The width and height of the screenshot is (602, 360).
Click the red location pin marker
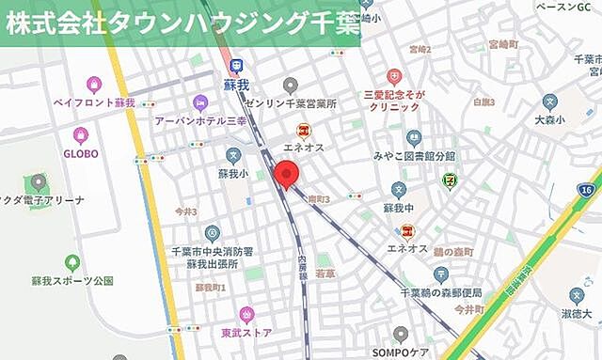click(x=285, y=175)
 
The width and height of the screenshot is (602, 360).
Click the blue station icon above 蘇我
click(x=236, y=65)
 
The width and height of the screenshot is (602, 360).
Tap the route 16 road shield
click(x=587, y=190)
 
